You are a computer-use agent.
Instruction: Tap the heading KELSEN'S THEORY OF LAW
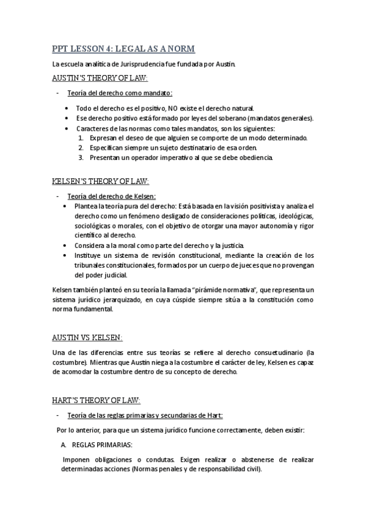100,181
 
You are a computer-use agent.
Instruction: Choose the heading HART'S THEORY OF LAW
96,401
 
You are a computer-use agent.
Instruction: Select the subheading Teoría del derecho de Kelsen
111,196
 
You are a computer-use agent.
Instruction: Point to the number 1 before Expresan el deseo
81,137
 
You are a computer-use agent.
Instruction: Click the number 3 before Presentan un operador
81,158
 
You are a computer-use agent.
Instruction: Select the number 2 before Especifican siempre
81,148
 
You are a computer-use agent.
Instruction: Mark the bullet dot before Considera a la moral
67,245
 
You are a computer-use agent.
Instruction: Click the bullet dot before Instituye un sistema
67,255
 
